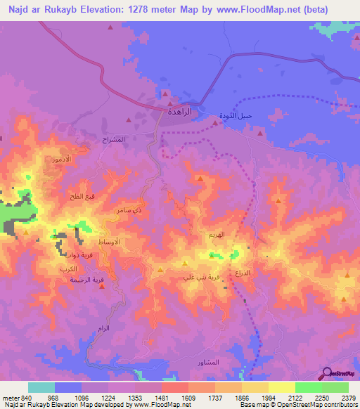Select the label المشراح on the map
coord(112,139)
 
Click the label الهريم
coord(216,235)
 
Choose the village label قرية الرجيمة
coord(82,280)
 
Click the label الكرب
coord(68,269)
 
